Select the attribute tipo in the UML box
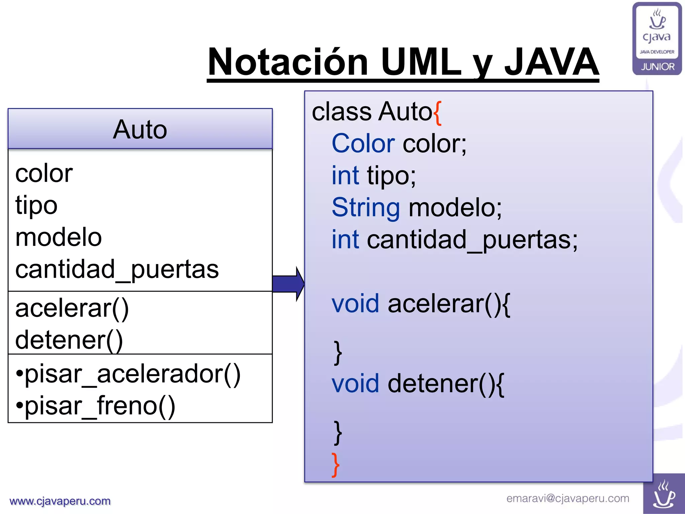(36, 205)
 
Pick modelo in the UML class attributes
(59, 237)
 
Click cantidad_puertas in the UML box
(117, 269)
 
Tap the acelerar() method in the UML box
(72, 308)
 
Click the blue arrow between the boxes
(288, 284)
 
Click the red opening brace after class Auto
(438, 113)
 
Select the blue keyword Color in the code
(363, 144)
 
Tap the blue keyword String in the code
(366, 207)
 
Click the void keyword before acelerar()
(355, 304)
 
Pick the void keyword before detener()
(355, 383)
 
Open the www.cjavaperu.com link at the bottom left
(60, 501)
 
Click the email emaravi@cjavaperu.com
(568, 498)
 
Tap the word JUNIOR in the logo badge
(658, 67)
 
